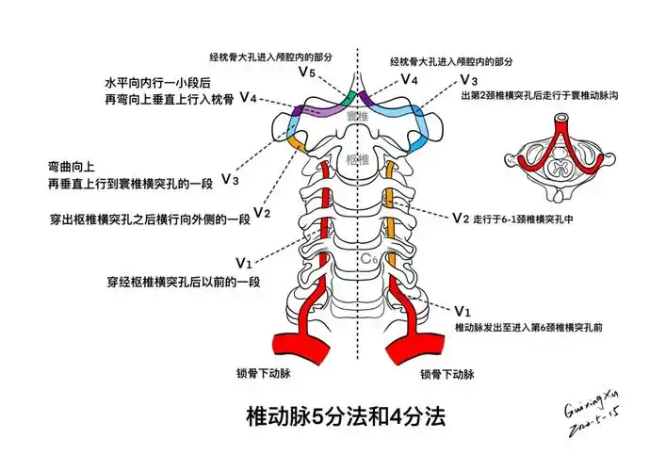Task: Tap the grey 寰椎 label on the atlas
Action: (355, 117)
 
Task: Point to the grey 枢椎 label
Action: (356, 160)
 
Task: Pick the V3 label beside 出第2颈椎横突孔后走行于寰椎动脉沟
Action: (468, 80)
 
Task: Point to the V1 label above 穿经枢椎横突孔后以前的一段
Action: (244, 261)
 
